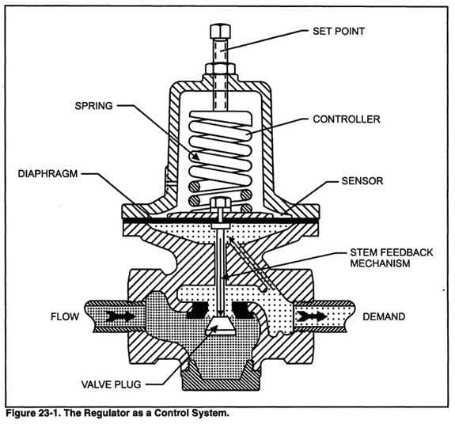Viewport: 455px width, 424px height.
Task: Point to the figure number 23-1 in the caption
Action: tap(50, 413)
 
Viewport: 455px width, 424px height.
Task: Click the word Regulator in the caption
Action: tap(108, 413)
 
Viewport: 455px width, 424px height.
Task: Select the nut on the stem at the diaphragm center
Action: tap(219, 205)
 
